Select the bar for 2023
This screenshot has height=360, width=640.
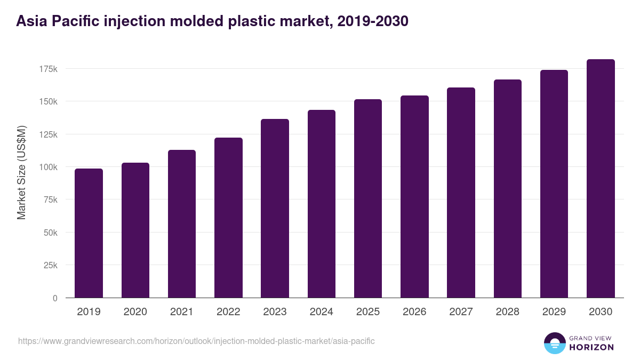[275, 208]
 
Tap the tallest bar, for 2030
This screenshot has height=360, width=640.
[601, 178]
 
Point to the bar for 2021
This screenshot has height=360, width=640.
[182, 223]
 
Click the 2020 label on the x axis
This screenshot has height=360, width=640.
[135, 312]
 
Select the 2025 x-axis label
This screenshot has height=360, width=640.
[368, 312]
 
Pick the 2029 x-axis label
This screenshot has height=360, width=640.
[554, 312]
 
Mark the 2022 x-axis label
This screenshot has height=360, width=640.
[228, 312]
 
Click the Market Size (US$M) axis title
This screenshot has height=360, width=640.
[21, 172]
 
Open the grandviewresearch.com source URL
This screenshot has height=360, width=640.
[196, 341]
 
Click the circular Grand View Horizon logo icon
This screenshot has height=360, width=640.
[554, 343]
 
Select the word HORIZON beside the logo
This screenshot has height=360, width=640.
[590, 347]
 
